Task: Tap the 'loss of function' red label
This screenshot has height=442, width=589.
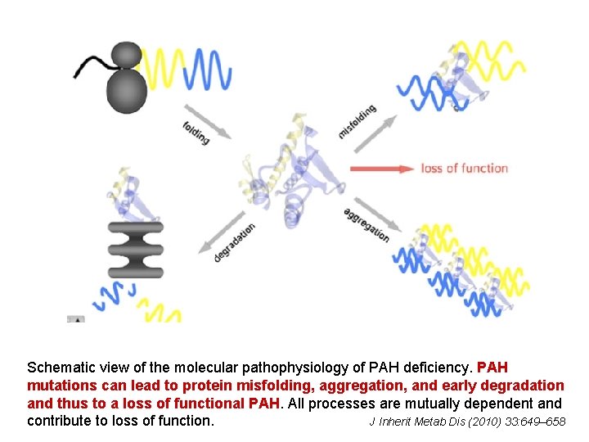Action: tap(465, 169)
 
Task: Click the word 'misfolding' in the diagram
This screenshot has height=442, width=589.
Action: tap(357, 121)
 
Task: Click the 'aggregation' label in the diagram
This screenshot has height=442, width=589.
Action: tap(366, 223)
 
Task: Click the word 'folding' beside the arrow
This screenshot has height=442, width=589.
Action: tap(196, 131)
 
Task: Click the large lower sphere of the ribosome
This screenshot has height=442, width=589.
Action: tap(126, 89)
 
